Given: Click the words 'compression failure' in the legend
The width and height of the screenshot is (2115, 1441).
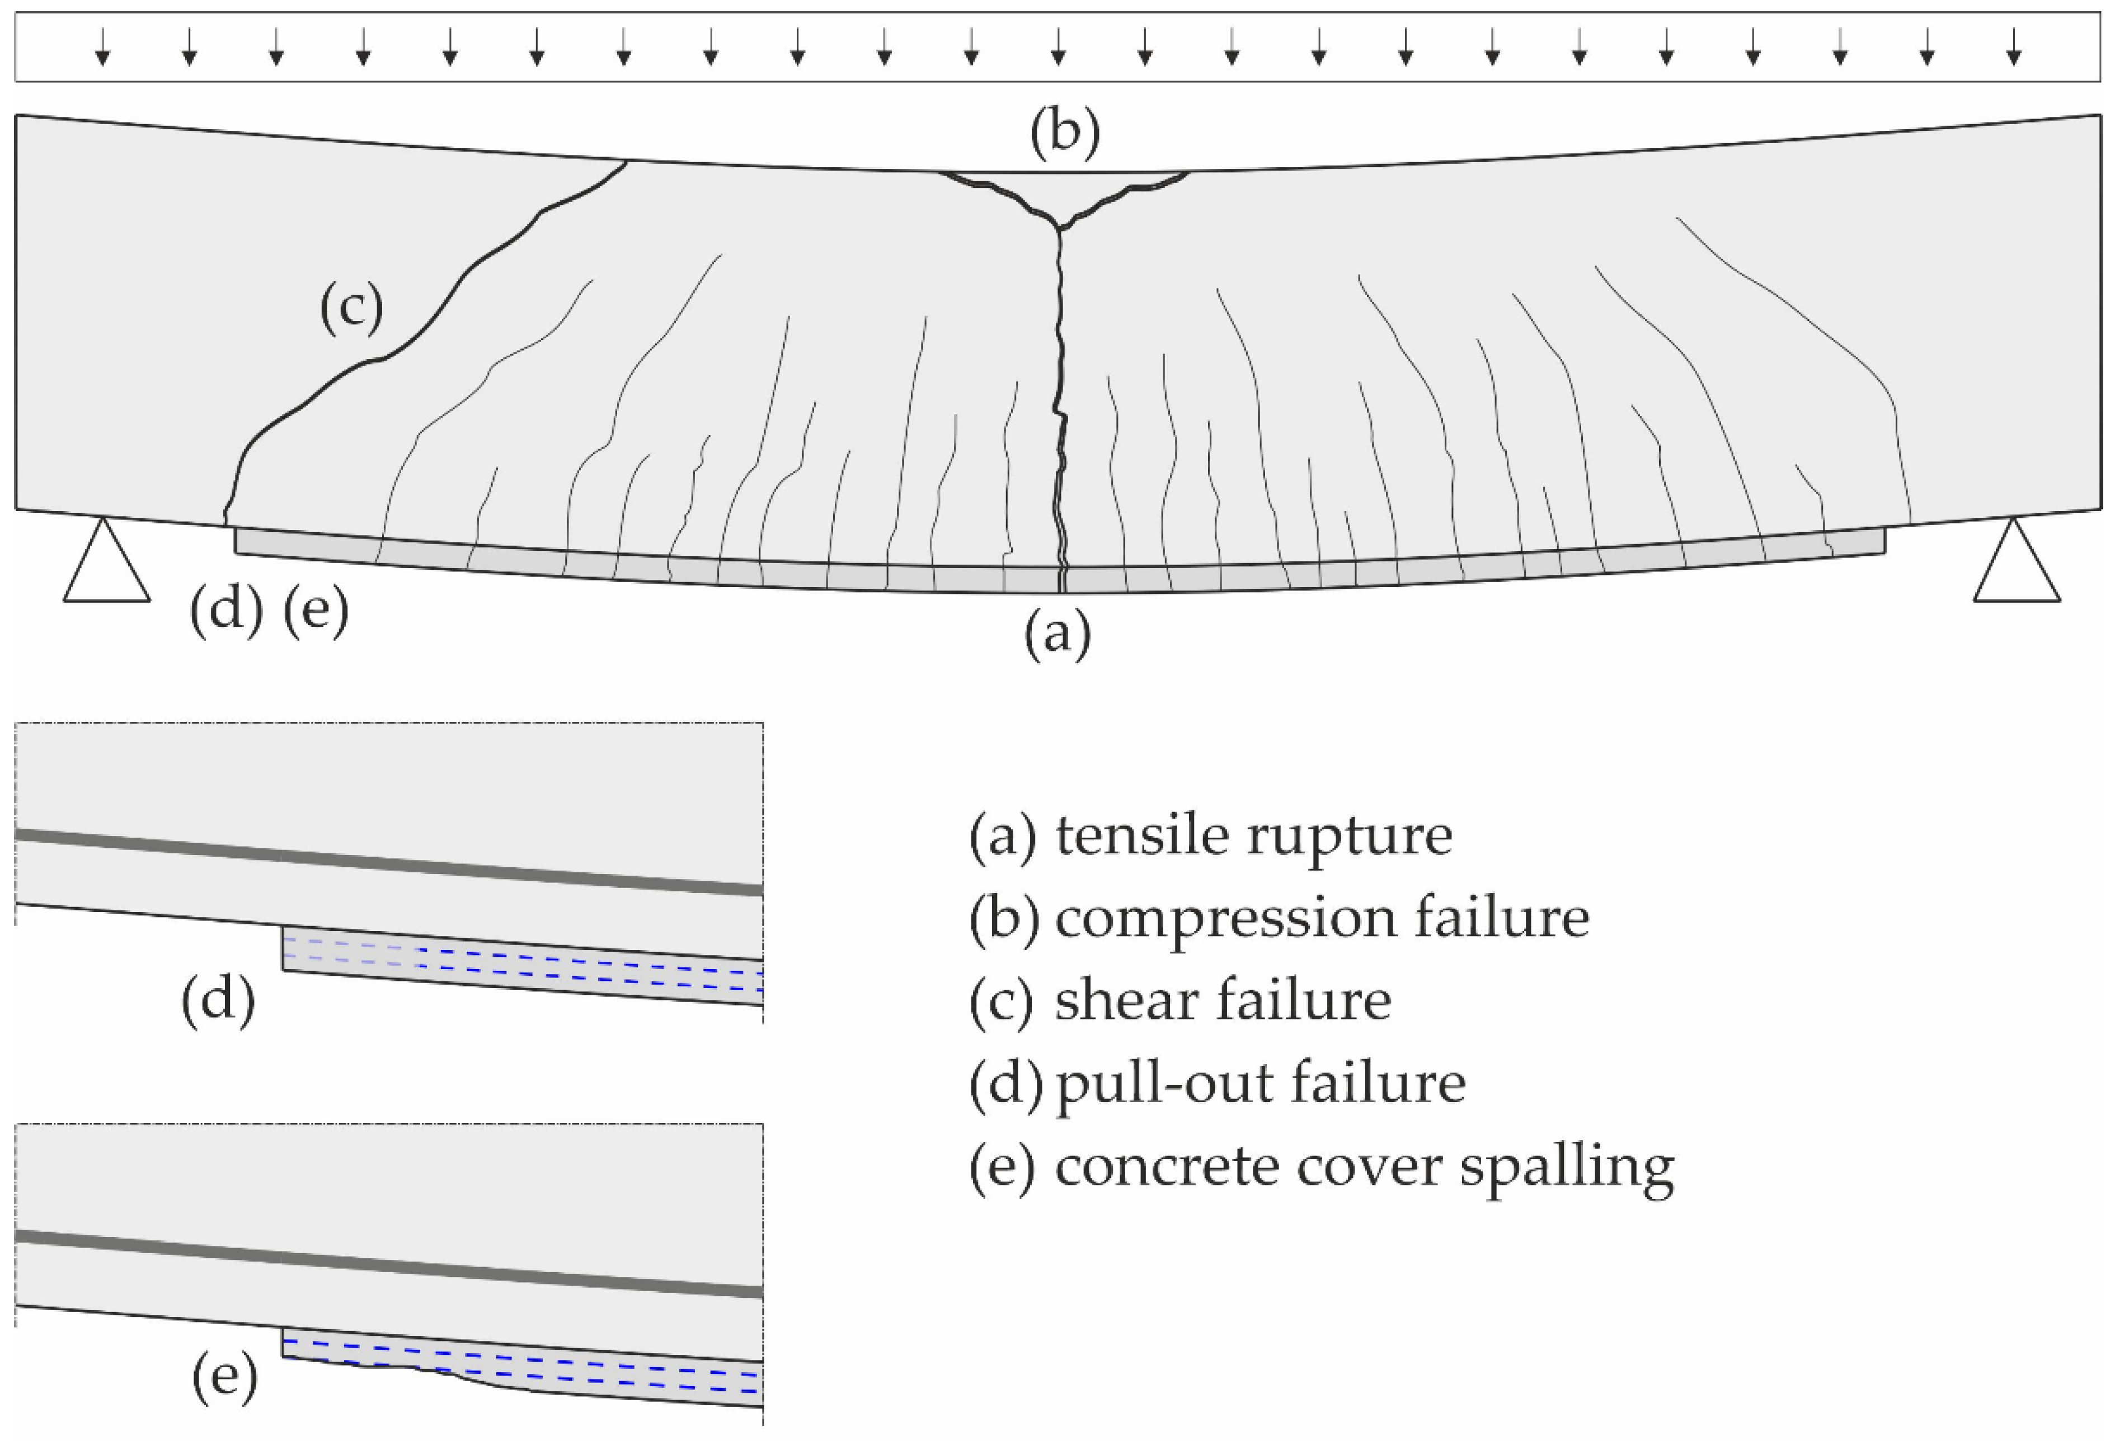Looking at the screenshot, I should pos(1322,919).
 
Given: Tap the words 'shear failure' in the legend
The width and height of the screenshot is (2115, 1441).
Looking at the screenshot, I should pos(1222,1001).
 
